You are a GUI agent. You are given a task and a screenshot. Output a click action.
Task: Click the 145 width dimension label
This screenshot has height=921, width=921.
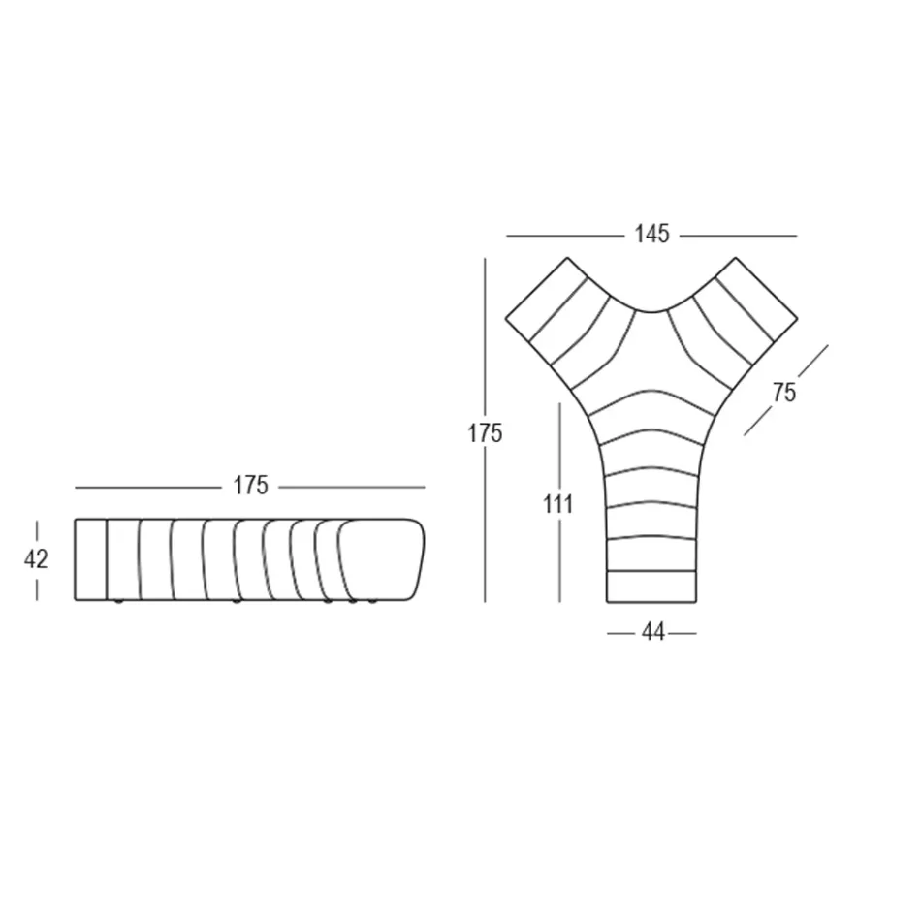point(651,235)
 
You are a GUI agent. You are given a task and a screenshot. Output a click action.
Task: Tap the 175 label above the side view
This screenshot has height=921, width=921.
point(250,486)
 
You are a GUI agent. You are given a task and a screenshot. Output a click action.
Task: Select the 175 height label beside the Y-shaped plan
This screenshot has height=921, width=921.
point(485,432)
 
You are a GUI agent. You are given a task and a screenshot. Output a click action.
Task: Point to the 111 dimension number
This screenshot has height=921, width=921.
point(559,503)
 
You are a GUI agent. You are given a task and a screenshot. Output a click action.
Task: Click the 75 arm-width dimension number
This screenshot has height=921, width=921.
point(784,392)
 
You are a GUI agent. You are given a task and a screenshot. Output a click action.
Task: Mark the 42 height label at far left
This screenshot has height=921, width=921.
point(36,559)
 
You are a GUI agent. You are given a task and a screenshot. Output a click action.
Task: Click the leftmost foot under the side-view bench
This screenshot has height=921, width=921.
point(118,603)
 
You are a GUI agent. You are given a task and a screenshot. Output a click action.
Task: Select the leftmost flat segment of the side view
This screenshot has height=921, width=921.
point(90,559)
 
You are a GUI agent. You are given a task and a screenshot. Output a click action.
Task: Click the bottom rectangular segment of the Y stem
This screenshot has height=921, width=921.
point(651,586)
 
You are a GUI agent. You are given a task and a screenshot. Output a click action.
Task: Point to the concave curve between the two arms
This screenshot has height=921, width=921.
point(651,311)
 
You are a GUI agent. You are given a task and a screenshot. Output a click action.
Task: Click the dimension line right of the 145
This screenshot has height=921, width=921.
point(737,236)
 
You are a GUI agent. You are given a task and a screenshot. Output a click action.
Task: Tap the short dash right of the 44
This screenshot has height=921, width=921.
point(683,633)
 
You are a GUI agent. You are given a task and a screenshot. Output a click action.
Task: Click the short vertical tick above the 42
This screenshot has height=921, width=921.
point(37,530)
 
